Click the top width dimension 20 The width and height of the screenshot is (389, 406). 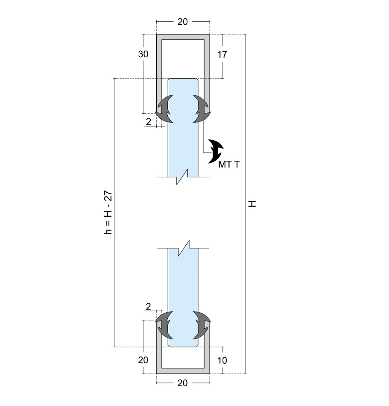pos(182,22)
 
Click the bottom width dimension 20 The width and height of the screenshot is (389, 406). pos(182,383)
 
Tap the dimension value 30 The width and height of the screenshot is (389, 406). pos(143,54)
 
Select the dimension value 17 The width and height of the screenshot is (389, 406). pos(222,54)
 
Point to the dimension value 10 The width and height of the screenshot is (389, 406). pos(222,360)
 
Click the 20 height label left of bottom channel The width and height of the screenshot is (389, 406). pos(143,360)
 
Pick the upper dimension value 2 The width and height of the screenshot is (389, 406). pos(148,122)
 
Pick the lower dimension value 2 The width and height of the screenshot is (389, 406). pos(148,306)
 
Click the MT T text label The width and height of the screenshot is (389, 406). pos(229,165)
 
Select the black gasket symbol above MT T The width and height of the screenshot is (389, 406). pos(216,152)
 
